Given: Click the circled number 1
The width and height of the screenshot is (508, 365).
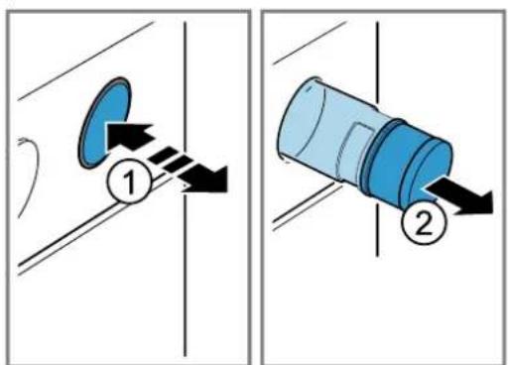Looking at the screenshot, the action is point(129,182).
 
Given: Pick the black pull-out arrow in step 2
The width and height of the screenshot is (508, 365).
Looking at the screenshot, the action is point(459,197).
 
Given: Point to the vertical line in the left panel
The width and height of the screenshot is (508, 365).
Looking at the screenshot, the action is point(186,189).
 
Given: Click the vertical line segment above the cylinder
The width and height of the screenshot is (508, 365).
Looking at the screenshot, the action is point(377,62).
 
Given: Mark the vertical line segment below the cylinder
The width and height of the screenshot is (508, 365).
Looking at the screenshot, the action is point(377,229).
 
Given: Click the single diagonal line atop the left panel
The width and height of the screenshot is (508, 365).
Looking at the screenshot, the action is point(86,61).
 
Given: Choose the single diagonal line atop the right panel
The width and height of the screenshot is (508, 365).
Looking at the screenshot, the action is point(310,43).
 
